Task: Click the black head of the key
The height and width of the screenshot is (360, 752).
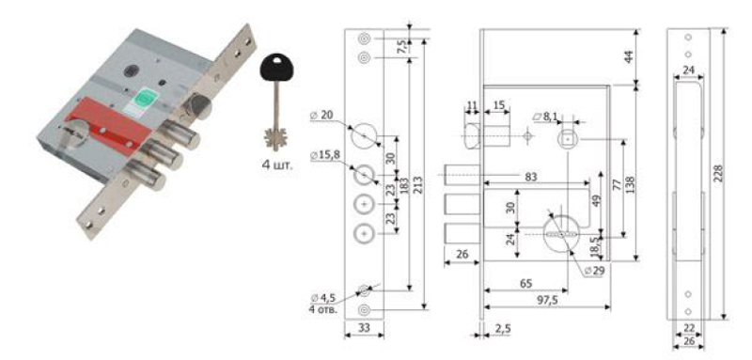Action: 276,70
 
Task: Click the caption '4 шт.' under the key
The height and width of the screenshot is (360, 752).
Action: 277,165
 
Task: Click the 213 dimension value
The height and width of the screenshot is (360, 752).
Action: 418,183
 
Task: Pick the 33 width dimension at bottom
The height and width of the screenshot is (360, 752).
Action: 364,328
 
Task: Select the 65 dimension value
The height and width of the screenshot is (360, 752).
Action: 525,283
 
